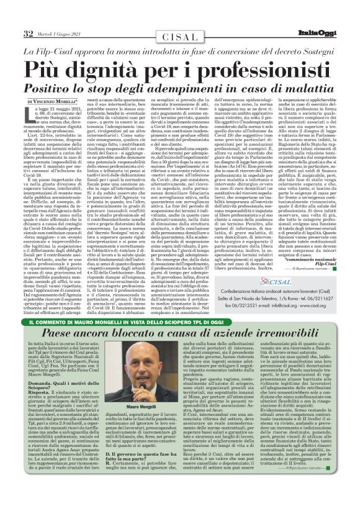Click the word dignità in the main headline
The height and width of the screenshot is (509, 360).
click(x=130, y=66)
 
